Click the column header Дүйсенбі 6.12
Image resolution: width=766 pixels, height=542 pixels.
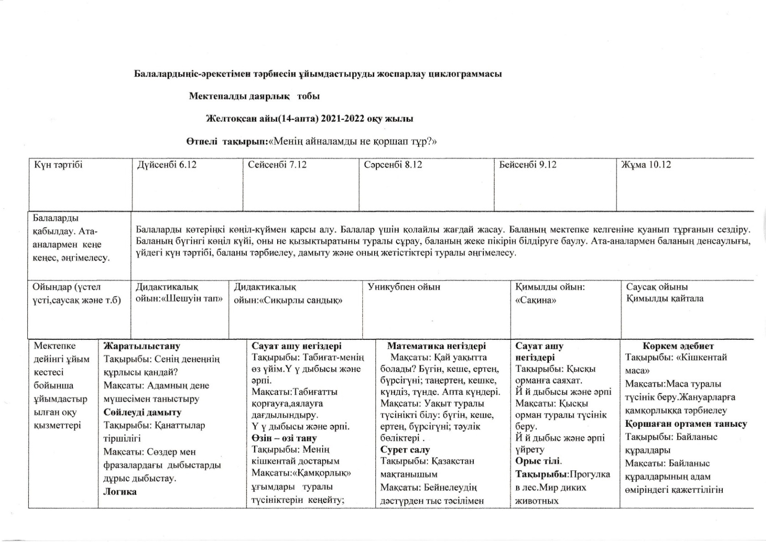pos(167,165)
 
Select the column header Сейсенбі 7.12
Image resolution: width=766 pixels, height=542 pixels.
pos(277,165)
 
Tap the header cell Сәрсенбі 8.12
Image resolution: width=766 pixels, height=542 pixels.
pos(393,165)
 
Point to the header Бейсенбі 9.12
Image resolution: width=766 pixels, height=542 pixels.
pos(528,165)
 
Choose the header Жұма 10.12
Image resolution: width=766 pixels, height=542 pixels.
pos(646,165)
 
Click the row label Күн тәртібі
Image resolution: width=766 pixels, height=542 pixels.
pos(58,165)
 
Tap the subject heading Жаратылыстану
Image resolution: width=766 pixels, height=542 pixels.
pos(142,346)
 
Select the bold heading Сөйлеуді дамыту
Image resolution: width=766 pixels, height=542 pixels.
pos(142,413)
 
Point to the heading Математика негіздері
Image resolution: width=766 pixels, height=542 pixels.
pos(436,346)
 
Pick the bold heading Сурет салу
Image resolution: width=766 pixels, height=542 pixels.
pos(405,450)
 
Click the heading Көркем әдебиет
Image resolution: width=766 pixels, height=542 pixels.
pos(678,346)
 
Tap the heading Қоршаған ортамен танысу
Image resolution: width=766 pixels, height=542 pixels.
pos(686,424)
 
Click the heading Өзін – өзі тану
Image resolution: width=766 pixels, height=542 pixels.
pos(284,439)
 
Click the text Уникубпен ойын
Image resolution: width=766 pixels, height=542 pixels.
pos(404,287)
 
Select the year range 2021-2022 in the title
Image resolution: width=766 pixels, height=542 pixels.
pos(343,119)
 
